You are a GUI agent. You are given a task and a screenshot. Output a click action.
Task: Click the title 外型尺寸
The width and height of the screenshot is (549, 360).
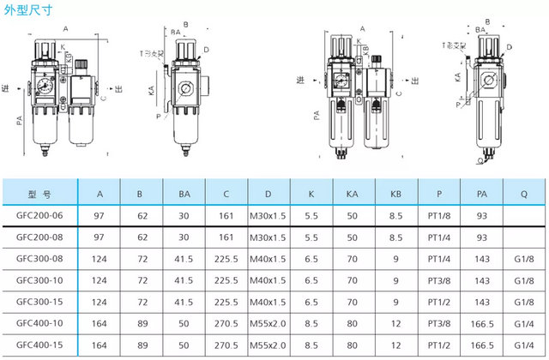pos(28,12)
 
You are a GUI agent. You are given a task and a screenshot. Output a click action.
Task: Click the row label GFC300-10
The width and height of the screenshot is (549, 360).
pos(40,279)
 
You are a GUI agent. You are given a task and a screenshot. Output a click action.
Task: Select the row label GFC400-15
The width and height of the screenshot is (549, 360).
pos(40,344)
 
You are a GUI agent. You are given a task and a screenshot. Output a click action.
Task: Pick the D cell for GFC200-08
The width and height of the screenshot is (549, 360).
pos(268,236)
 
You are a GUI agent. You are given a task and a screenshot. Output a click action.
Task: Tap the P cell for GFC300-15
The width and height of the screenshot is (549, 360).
pos(437,301)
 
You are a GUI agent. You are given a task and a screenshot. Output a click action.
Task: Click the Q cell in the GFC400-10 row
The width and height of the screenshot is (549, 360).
pos(522,322)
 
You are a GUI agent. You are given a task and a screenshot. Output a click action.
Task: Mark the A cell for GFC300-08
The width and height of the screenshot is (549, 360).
pos(99,257)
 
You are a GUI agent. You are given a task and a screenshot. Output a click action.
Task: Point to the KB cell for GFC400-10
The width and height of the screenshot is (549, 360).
pos(395,322)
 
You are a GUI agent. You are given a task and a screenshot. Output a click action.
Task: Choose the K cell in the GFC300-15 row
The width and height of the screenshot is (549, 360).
pos(311,301)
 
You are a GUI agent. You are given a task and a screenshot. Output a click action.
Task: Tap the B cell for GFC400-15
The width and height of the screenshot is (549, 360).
pos(141,344)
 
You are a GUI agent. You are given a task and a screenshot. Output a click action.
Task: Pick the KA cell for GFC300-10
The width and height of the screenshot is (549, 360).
pos(353,279)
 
